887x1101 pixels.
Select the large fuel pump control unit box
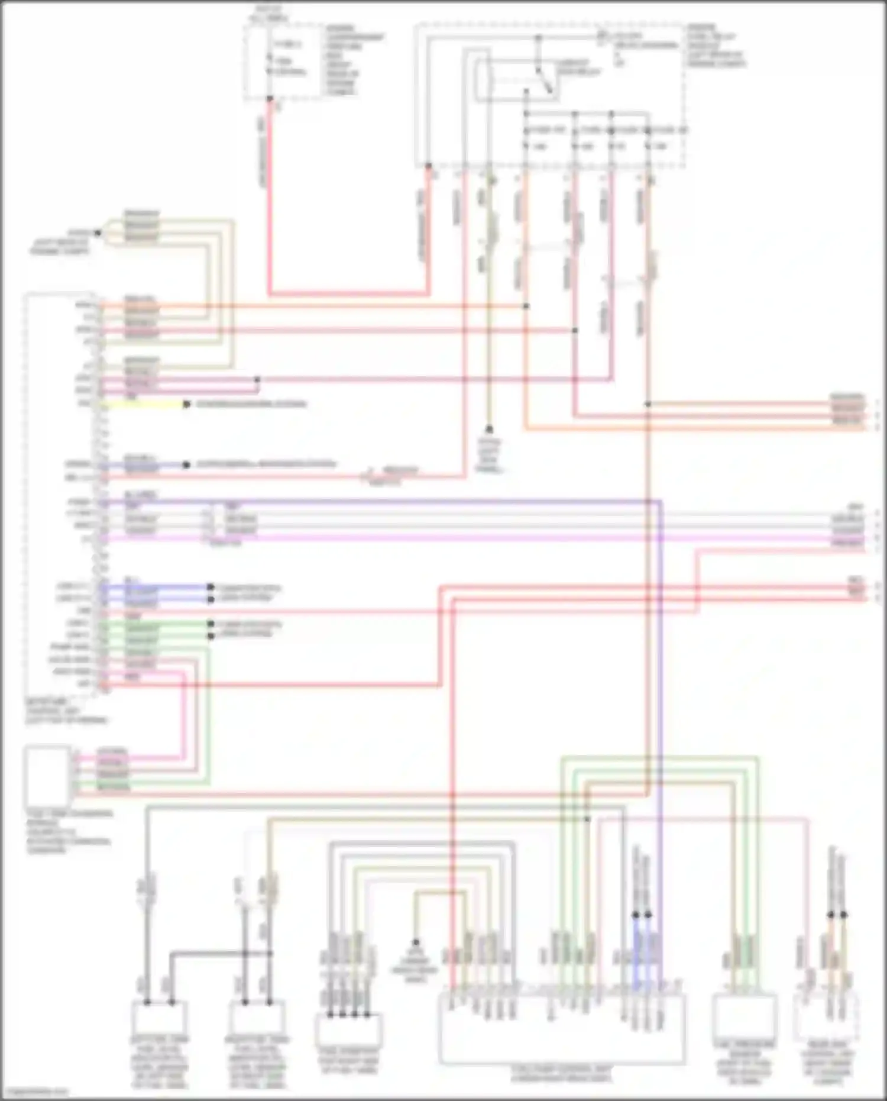coord(562,1029)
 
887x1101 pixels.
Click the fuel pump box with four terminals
coord(349,1029)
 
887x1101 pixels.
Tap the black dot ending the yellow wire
coord(186,404)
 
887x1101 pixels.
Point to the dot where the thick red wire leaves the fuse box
coord(270,99)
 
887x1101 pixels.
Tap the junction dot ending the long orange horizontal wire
coord(526,306)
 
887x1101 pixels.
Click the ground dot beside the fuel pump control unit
coord(415,942)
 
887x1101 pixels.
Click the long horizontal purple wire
coord(378,503)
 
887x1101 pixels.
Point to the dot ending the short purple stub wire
coord(186,465)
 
